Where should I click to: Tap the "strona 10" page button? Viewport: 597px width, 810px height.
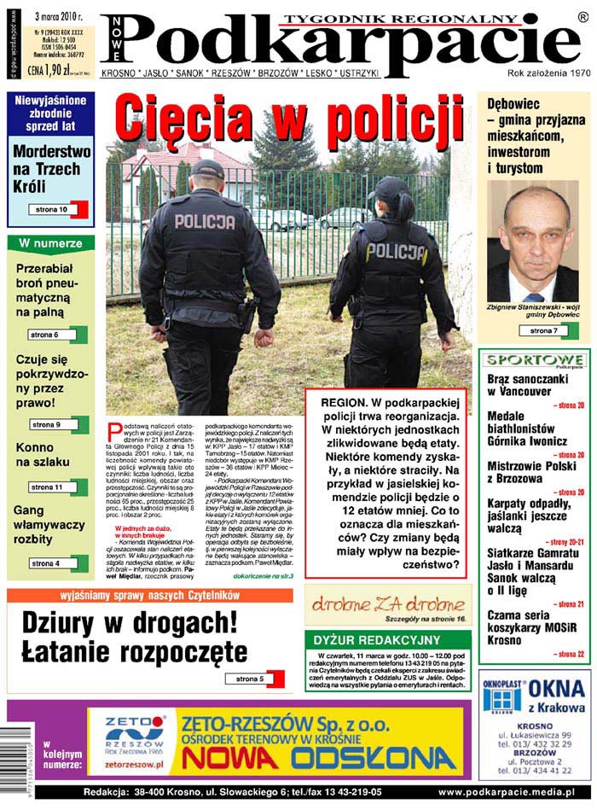coord(52,209)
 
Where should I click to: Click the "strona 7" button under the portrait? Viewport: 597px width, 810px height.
coord(543,330)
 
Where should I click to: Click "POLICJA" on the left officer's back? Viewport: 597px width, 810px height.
coord(204,222)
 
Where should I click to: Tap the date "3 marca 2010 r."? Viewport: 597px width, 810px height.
coord(59,15)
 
